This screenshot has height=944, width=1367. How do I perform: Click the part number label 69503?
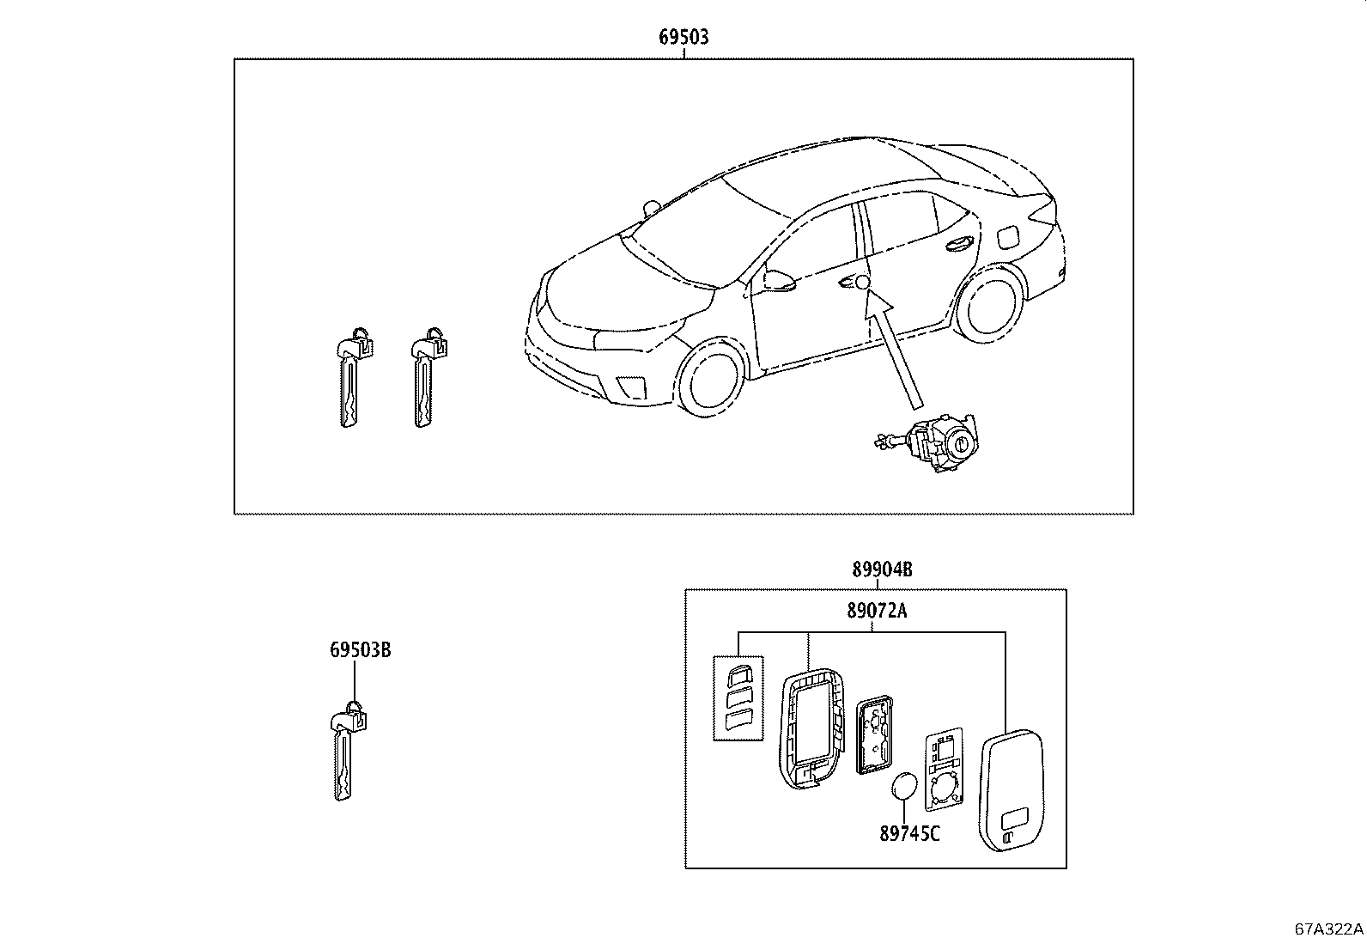683,37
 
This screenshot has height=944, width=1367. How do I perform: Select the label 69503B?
361,650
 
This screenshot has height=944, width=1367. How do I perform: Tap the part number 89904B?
881,569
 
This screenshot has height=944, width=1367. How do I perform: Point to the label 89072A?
877,612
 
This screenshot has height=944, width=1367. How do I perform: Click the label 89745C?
909,832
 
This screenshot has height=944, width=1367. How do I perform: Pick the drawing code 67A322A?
1329,929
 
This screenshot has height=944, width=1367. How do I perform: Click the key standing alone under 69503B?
345,756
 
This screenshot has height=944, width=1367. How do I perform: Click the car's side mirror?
778,281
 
